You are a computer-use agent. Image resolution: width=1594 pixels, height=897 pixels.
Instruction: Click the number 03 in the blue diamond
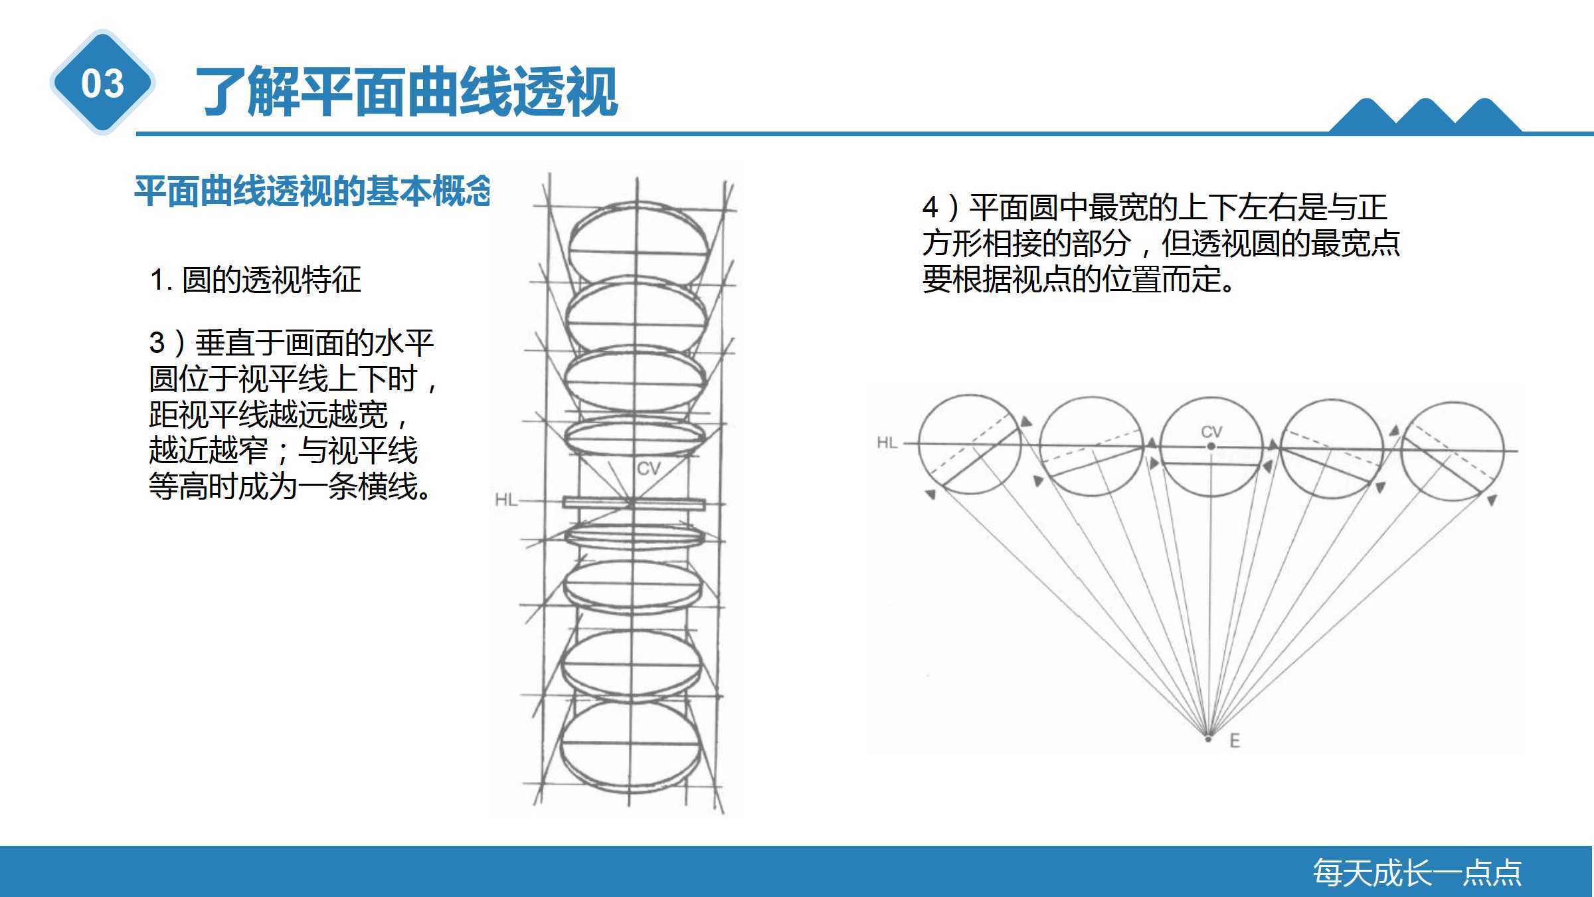pyautogui.click(x=103, y=84)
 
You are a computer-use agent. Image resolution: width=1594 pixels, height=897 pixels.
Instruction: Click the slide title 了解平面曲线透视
pyautogui.click(x=406, y=92)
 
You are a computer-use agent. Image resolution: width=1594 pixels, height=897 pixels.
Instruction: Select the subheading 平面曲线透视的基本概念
pyautogui.click(x=312, y=191)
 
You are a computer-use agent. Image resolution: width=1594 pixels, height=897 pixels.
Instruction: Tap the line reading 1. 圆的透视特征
pyautogui.click(x=256, y=280)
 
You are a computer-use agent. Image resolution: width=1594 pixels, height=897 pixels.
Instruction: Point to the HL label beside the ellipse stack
pyautogui.click(x=506, y=500)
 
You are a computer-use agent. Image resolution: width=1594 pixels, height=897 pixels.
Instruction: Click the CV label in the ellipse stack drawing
pyautogui.click(x=648, y=468)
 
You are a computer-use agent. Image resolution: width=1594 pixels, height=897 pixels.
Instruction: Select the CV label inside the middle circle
pyautogui.click(x=1211, y=432)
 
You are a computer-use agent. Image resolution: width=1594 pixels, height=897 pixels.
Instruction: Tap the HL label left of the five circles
pyautogui.click(x=887, y=443)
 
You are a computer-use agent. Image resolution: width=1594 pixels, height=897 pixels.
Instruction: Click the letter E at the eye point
pyautogui.click(x=1235, y=741)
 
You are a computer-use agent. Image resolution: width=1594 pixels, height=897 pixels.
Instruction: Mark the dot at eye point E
pyautogui.click(x=1209, y=738)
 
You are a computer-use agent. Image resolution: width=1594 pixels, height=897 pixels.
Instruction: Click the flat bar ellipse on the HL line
pyautogui.click(x=634, y=503)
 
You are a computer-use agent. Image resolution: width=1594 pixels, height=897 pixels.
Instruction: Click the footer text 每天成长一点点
pyautogui.click(x=1417, y=872)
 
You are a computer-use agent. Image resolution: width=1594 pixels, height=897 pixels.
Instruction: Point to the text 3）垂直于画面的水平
pyautogui.click(x=292, y=344)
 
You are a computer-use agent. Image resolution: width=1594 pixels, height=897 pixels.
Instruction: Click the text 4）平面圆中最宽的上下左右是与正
pyautogui.click(x=1154, y=207)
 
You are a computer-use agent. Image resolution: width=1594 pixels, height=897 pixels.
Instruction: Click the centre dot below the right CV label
pyautogui.click(x=1211, y=447)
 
